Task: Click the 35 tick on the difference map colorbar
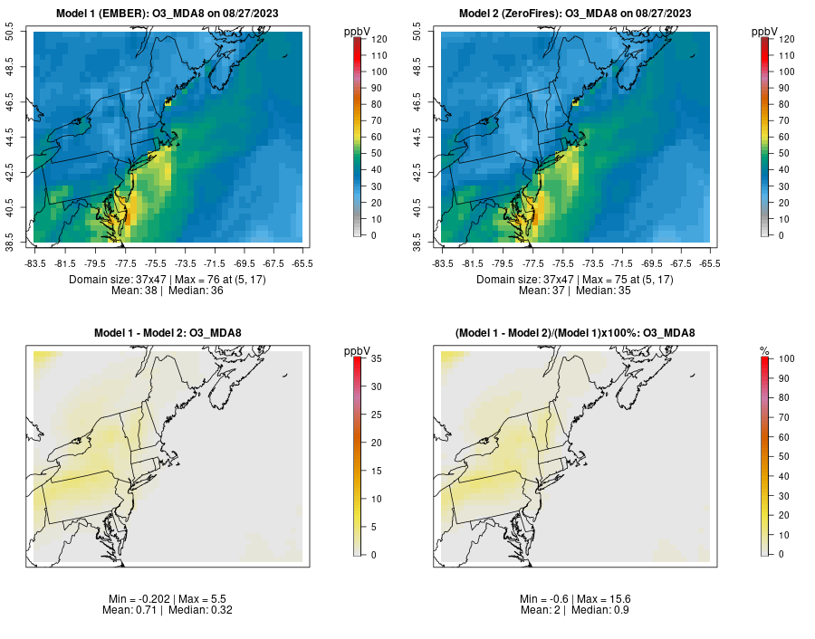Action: click(x=370, y=358)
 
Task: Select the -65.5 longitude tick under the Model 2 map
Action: click(x=711, y=263)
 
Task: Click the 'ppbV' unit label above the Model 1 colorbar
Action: click(x=359, y=32)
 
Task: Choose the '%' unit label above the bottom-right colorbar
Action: click(x=764, y=350)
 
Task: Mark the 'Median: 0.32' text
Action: click(x=200, y=610)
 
